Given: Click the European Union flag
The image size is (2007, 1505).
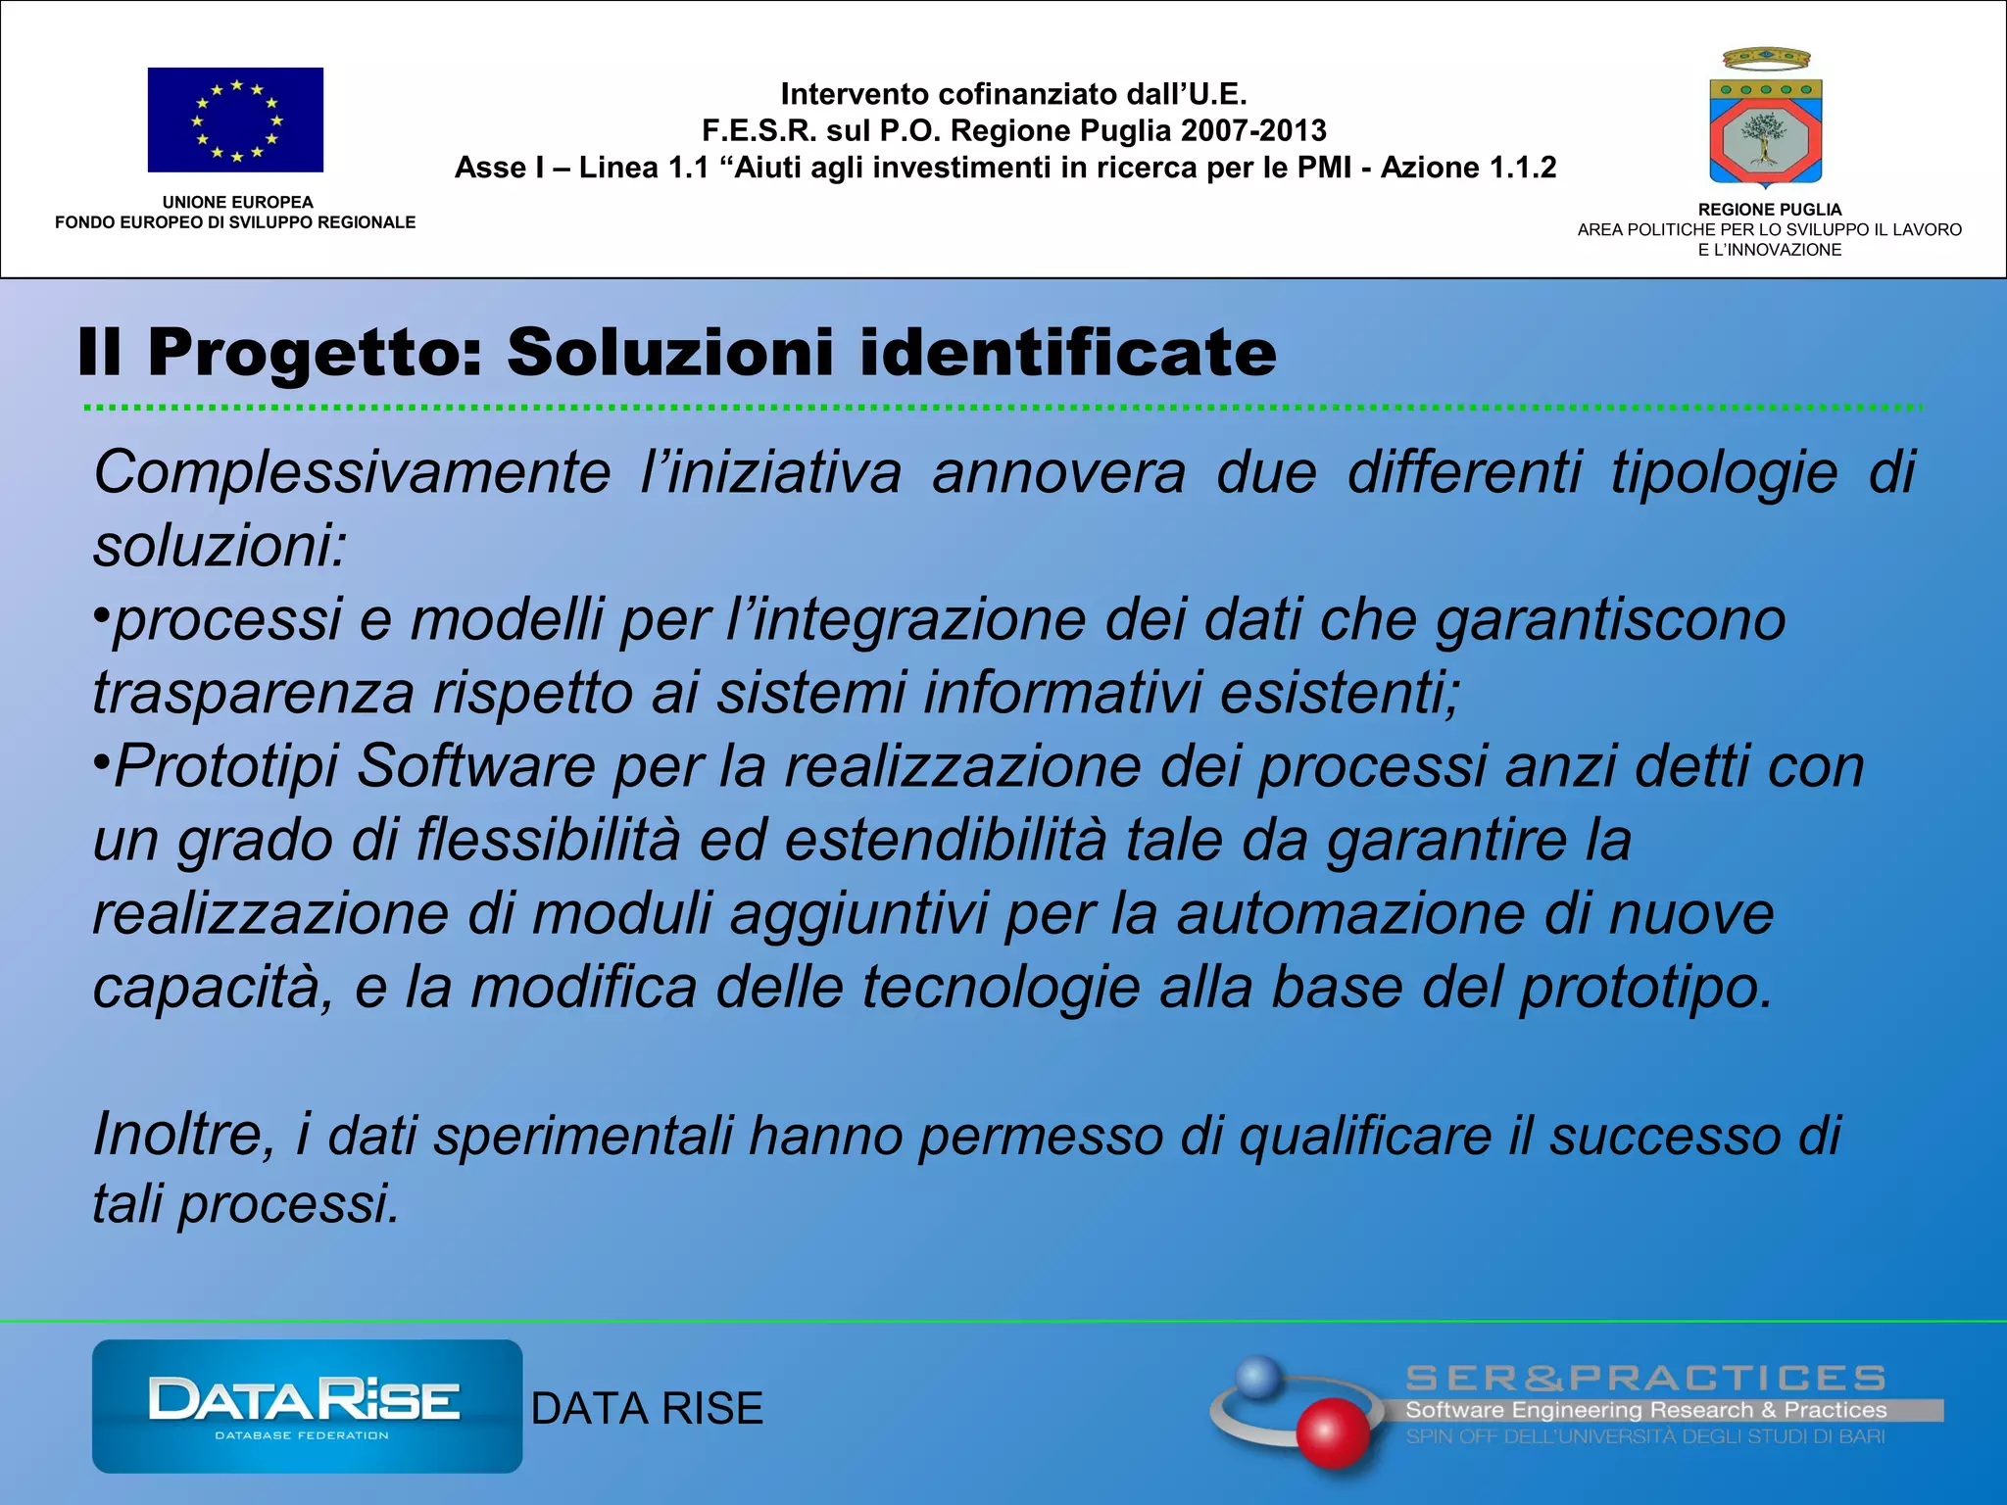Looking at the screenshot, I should click(235, 120).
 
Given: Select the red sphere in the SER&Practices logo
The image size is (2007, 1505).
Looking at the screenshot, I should click(1332, 1432).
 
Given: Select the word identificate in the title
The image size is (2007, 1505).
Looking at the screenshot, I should click(1068, 352).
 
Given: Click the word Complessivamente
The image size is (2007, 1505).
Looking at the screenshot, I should click(352, 473).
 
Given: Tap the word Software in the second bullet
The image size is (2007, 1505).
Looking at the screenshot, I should click(476, 766).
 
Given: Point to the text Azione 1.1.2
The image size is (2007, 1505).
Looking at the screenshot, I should click(1468, 168).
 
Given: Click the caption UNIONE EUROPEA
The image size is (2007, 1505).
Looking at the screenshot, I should click(237, 202).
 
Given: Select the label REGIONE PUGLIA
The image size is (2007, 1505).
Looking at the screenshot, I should click(1769, 210).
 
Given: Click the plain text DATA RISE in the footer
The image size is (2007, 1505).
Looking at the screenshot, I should click(647, 1409).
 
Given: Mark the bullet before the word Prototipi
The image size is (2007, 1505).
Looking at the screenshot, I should click(101, 760).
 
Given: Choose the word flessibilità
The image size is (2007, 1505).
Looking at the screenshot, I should click(548, 841).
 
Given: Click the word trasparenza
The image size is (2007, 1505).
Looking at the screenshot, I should click(254, 694).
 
